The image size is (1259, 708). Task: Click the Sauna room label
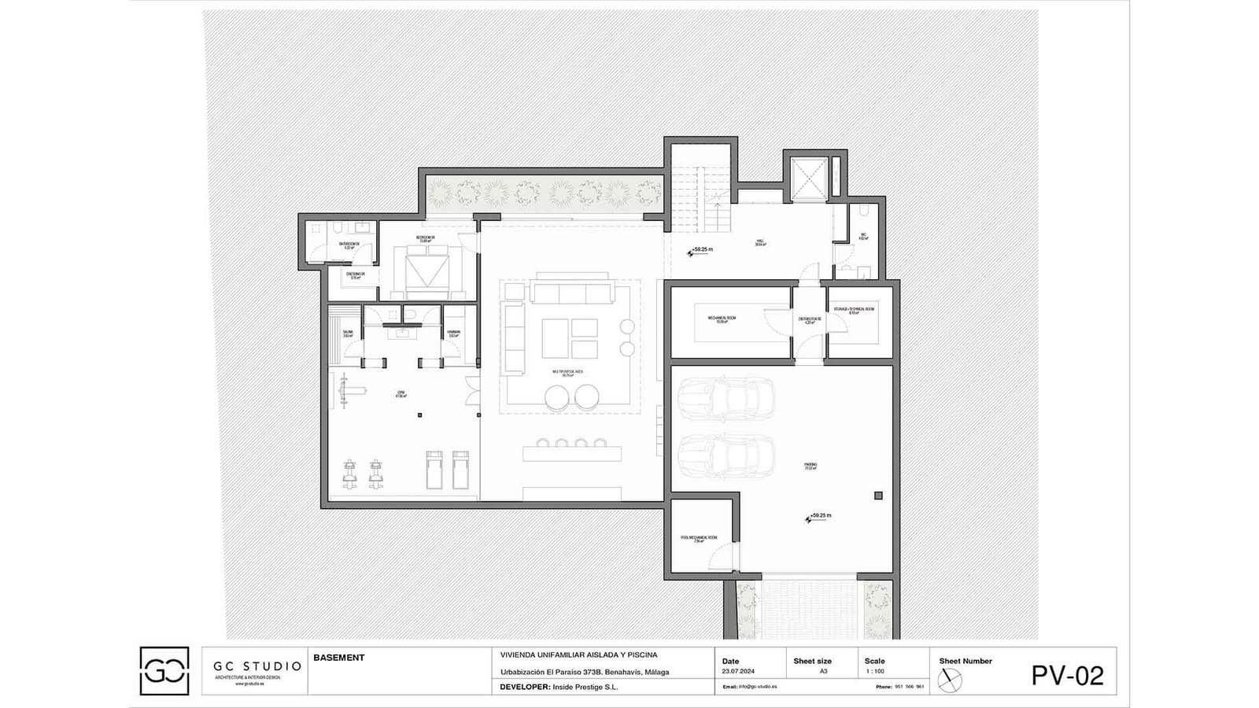click(x=348, y=334)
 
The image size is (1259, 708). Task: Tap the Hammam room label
click(x=453, y=334)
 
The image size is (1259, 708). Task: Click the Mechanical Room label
click(x=722, y=319)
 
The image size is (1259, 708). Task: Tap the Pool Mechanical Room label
click(x=699, y=539)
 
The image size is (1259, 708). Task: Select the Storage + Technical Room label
click(x=854, y=311)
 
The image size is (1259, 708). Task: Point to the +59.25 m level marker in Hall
click(x=701, y=251)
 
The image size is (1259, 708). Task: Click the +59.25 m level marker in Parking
click(x=818, y=517)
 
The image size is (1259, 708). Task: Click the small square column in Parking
click(x=878, y=496)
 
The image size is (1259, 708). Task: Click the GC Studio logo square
click(x=164, y=671)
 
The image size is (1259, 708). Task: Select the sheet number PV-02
click(x=1067, y=676)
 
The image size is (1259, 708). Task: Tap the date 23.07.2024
click(x=737, y=672)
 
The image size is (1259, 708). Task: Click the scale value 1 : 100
click(x=874, y=672)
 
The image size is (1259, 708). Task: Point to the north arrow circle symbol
click(x=950, y=680)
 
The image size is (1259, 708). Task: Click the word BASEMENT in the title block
click(x=339, y=658)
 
